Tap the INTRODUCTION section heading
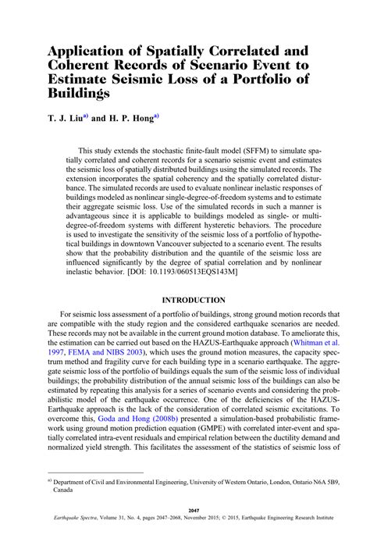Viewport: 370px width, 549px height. (194, 301)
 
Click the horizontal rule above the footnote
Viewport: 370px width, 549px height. (94, 472)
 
